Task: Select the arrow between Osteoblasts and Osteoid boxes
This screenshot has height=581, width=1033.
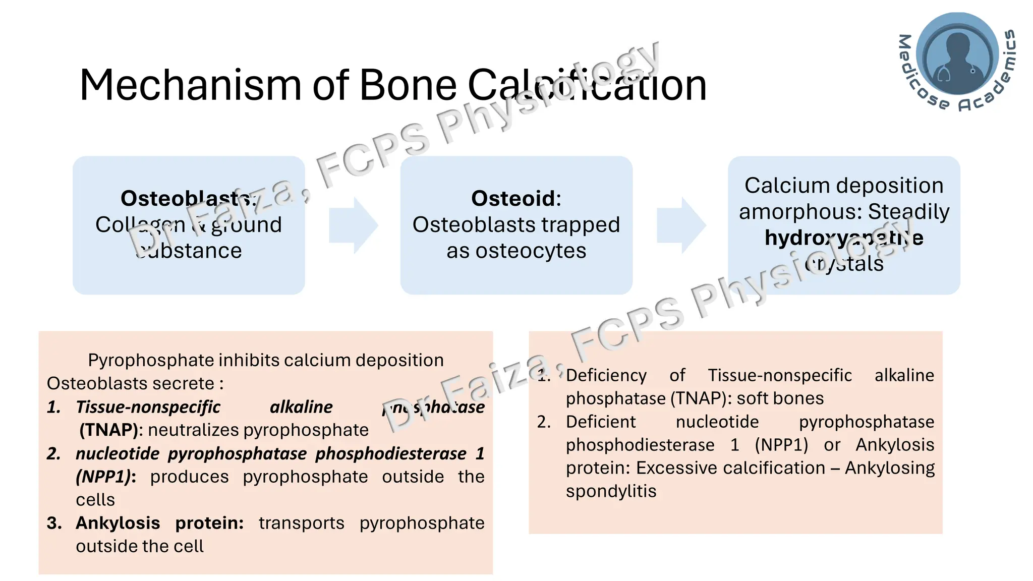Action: click(x=353, y=225)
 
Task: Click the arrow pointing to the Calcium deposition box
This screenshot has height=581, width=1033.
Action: click(x=681, y=225)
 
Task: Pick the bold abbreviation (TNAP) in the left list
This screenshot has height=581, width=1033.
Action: click(x=108, y=430)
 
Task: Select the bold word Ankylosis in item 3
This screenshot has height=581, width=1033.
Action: click(x=118, y=523)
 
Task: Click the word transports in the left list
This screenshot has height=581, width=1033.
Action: click(x=301, y=523)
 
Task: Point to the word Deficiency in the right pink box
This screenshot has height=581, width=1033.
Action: click(x=606, y=375)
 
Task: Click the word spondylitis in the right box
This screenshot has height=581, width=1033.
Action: click(x=611, y=491)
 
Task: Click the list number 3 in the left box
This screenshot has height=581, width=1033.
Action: click(x=53, y=523)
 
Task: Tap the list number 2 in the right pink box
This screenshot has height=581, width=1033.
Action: click(x=543, y=422)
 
